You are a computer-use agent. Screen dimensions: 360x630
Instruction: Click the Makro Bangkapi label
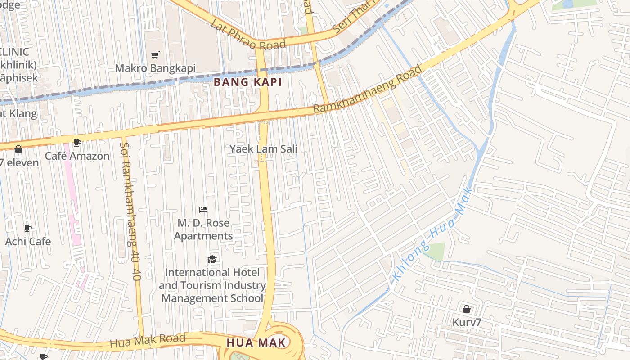(155, 68)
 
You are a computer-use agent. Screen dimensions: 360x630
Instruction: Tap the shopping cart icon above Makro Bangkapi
(155, 55)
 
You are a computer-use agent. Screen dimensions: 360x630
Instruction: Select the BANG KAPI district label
(247, 82)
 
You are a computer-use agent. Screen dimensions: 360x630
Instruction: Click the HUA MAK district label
(256, 342)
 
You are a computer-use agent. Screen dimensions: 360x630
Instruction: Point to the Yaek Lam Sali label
(263, 149)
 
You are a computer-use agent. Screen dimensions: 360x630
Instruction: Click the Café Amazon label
(77, 156)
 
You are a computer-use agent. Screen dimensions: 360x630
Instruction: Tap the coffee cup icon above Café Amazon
(77, 143)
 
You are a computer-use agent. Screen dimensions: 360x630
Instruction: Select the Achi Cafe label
(28, 242)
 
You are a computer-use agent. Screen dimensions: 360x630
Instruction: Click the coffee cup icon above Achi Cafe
(28, 228)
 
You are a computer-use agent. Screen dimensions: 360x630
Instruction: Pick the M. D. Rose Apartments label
(203, 229)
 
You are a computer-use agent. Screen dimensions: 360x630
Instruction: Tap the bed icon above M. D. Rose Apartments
(203, 210)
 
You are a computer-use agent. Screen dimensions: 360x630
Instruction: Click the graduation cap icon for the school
(212, 259)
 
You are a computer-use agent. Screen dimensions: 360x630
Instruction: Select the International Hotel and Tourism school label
(212, 285)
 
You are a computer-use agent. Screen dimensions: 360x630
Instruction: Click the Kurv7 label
(467, 322)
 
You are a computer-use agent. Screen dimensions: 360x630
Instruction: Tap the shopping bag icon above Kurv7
(467, 309)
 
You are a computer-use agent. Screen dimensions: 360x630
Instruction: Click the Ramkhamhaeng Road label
(368, 90)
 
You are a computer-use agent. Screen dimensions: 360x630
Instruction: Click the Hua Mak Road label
(147, 341)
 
